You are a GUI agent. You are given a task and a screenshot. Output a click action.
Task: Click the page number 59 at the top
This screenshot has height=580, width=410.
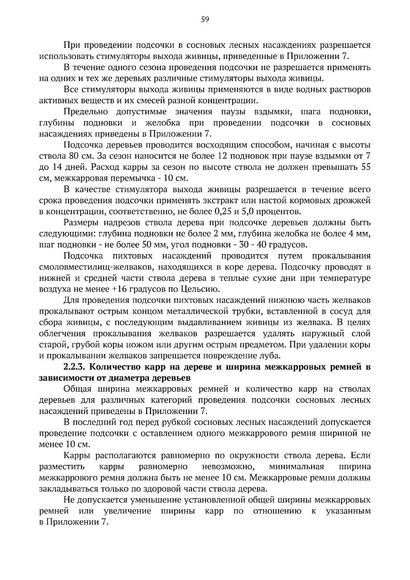[205, 19]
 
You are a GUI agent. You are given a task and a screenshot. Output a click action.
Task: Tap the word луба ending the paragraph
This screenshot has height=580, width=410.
[271, 356]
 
